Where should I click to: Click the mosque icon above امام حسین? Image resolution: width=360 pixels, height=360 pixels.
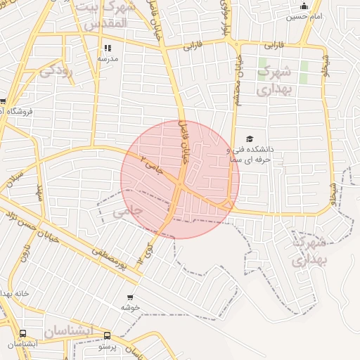click(x=304, y=6)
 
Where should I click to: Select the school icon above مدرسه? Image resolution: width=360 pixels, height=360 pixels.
click(x=108, y=49)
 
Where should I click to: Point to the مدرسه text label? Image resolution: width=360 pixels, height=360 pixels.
click(x=108, y=59)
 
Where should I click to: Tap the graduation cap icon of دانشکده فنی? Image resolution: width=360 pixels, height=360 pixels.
click(x=250, y=139)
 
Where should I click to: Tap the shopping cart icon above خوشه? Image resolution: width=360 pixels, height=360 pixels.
click(x=130, y=297)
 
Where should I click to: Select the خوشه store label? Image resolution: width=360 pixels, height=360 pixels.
click(x=130, y=307)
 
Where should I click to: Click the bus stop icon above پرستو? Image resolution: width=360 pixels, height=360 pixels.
click(x=107, y=336)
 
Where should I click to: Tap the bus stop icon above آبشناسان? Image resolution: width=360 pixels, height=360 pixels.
click(x=23, y=335)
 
